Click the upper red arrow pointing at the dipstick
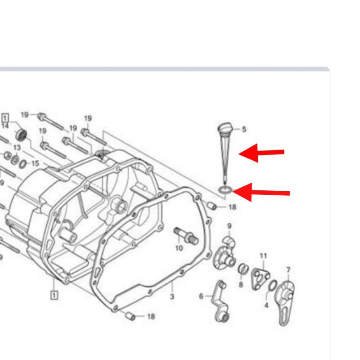pos(261,153)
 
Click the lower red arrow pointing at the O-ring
pos(261,193)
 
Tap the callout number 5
pos(244,130)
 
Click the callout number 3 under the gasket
pos(172,297)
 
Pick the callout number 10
pos(179,248)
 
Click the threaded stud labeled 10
pos(186,235)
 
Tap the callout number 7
pos(288,270)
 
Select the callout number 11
pos(263,256)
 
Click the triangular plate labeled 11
pos(260,279)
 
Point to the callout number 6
pos(201,297)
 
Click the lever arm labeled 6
pos(221,301)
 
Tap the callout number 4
pos(266,305)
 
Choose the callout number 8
pos(241,285)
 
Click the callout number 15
pos(35,164)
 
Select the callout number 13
pos(17,148)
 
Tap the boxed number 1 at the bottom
pos(54,295)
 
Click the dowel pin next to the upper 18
pos(211,206)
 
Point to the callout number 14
pos(5,126)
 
